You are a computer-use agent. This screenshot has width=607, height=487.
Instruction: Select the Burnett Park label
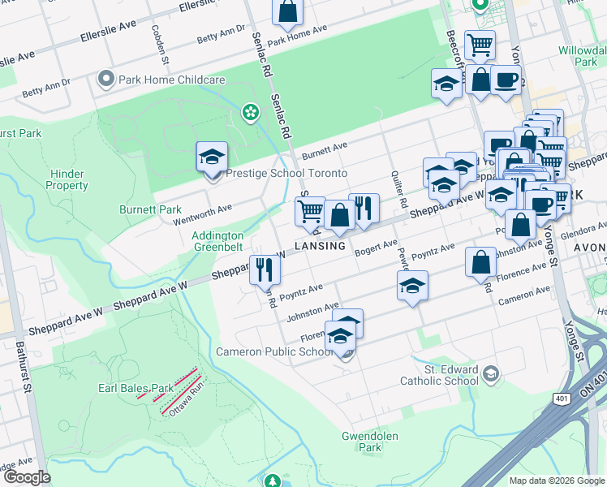coord(151,209)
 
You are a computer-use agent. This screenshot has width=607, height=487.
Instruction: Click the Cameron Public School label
coord(274,351)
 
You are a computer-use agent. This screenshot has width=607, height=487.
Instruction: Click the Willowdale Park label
coord(582,55)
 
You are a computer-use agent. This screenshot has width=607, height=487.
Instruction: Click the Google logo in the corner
coord(28,477)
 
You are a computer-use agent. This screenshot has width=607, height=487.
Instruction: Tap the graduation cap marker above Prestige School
coord(212,157)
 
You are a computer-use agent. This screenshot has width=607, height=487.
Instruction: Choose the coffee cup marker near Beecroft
coord(506,80)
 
